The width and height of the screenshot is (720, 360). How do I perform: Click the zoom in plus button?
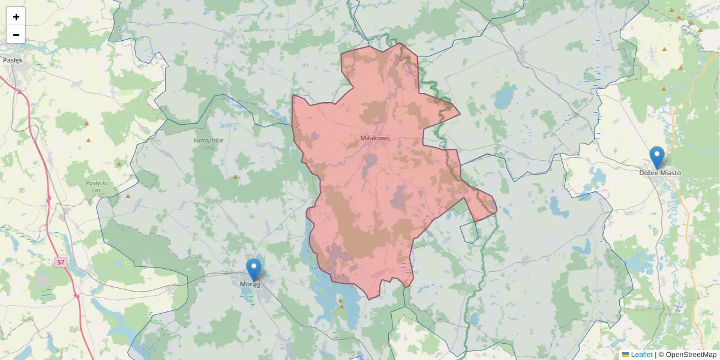pos(16,17)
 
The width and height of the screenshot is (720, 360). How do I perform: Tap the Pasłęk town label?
pos(13,60)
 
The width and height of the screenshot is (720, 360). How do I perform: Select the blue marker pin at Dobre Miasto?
pos(657,157)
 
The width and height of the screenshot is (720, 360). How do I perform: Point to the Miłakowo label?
pos(375,138)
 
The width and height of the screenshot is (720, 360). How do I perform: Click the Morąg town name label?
pos(250,284)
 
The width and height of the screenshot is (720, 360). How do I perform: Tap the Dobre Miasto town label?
pos(660,173)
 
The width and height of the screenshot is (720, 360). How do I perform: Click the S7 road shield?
pos(61,262)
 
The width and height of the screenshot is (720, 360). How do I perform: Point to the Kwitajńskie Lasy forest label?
pos(208,143)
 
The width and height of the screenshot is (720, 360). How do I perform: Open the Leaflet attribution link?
pos(641,355)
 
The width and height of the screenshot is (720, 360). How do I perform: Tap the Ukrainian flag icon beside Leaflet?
pos(625,355)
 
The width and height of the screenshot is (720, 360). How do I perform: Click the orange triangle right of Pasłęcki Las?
pos(128,196)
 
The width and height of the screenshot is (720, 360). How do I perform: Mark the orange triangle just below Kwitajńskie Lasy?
pos(235,177)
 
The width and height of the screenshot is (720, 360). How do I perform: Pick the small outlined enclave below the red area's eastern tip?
pos(469,232)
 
